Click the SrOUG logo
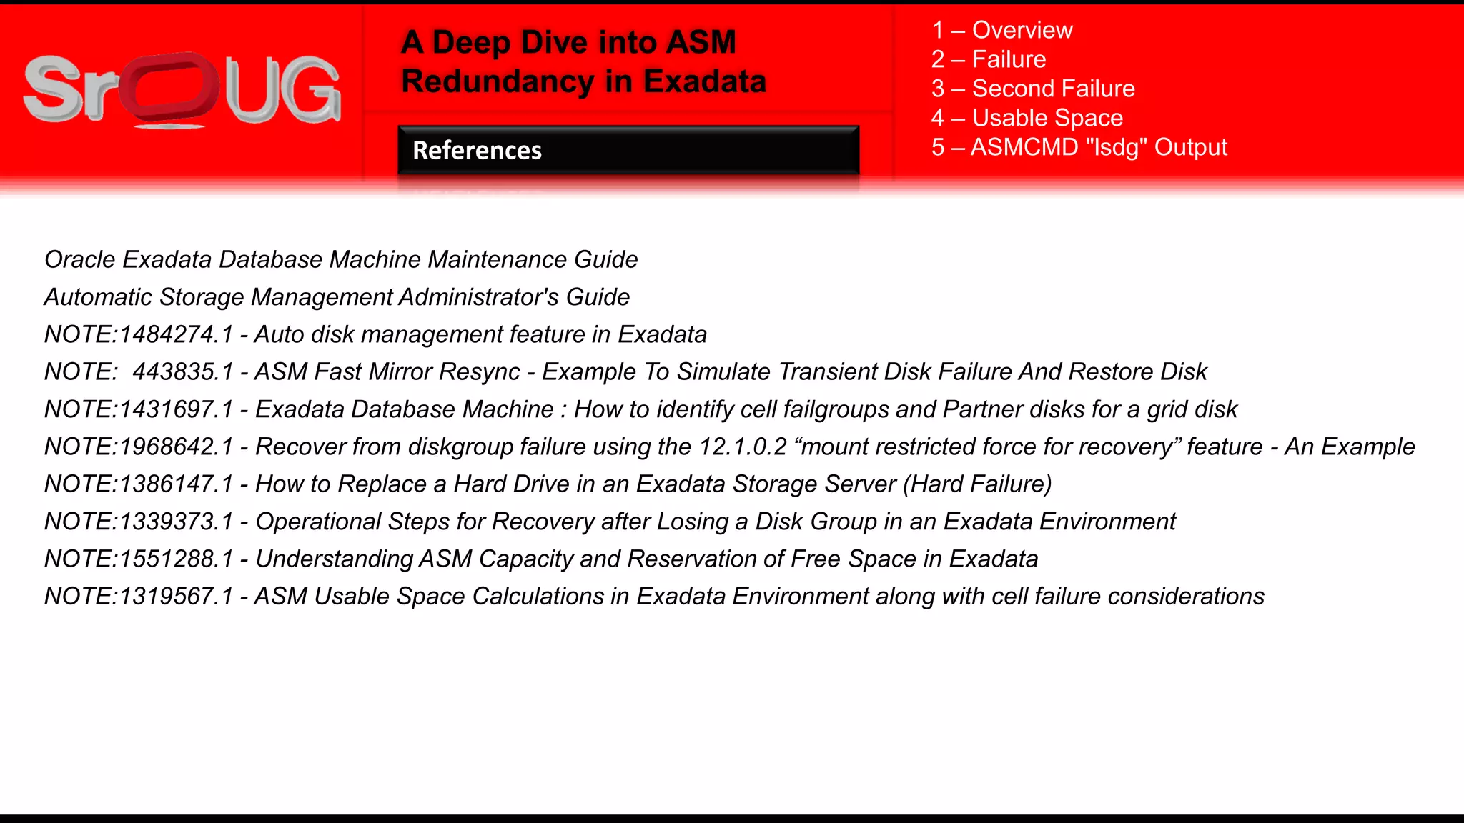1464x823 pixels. pyautogui.click(x=182, y=91)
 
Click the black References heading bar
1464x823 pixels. pyautogui.click(x=628, y=150)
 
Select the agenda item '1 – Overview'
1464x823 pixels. pyautogui.click(x=1001, y=30)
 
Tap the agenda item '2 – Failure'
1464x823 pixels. pyautogui.click(x=989, y=59)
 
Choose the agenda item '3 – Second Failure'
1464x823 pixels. pyautogui.click(x=1033, y=89)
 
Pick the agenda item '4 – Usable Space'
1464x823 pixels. pyautogui.click(x=1027, y=118)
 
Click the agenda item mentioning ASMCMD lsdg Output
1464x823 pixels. pyautogui.click(x=1079, y=147)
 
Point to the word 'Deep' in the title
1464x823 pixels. pyautogui.click(x=472, y=42)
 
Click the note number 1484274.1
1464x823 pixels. pyautogui.click(x=176, y=334)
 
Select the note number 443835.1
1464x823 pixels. pyautogui.click(x=183, y=371)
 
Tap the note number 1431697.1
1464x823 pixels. pyautogui.click(x=176, y=409)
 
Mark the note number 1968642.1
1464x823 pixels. pyautogui.click(x=176, y=447)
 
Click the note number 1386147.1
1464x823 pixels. pyautogui.click(x=176, y=484)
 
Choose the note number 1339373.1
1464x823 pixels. pyautogui.click(x=176, y=522)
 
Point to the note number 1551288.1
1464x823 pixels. pyautogui.click(x=176, y=559)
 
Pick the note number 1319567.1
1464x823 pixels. pyautogui.click(x=176, y=596)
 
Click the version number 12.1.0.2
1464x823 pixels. pyautogui.click(x=743, y=447)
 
